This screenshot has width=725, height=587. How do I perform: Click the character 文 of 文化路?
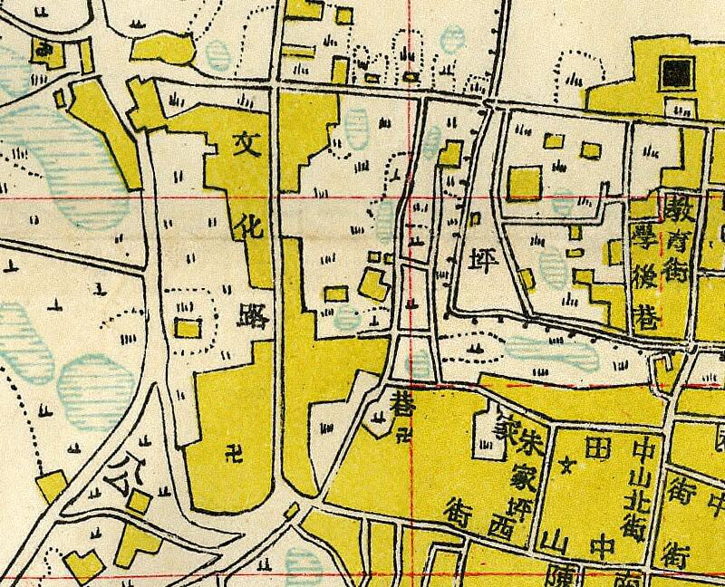tap(246, 143)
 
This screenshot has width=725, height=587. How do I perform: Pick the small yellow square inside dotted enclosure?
tap(187, 327)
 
